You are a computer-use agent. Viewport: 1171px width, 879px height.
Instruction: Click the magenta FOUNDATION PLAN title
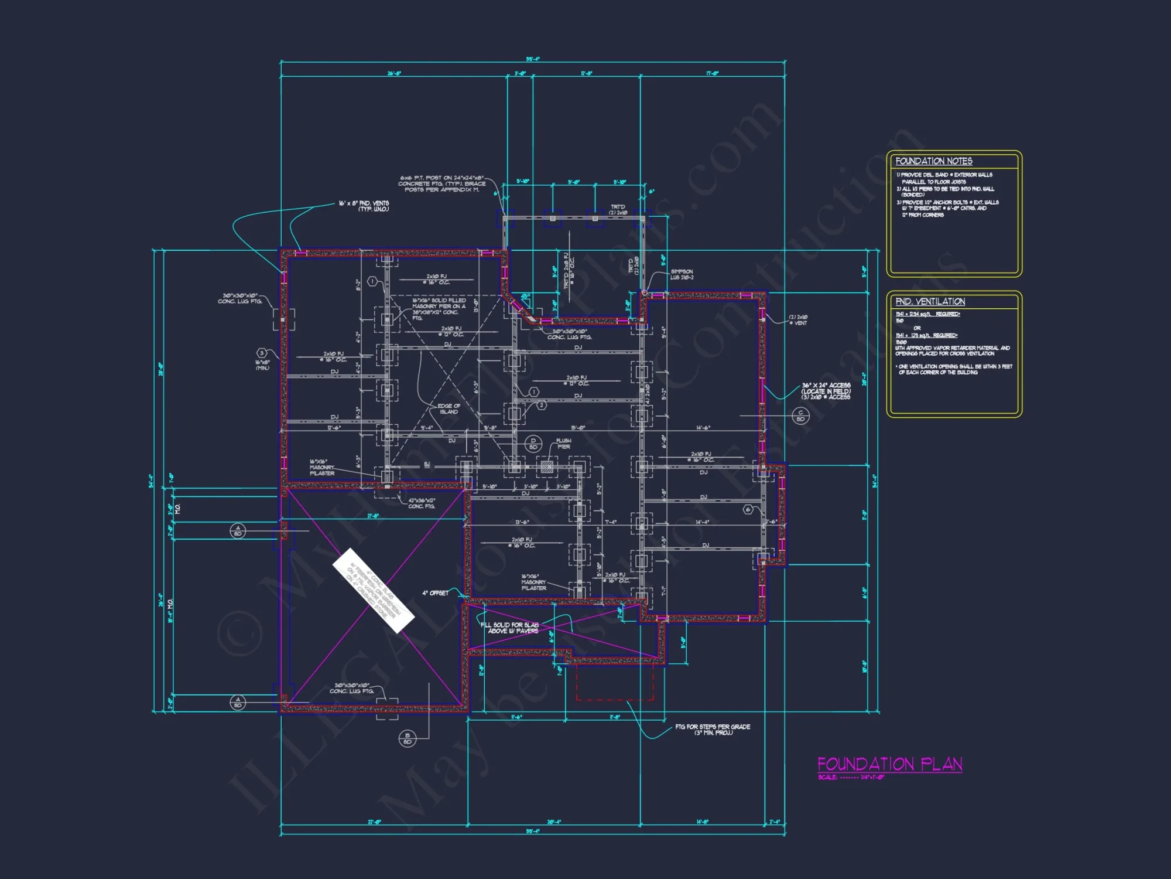889,764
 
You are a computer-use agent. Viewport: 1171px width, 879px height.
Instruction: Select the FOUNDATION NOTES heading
933,161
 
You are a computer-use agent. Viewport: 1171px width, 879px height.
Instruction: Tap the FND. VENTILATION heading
930,301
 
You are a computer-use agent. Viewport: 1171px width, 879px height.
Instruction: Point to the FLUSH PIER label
563,444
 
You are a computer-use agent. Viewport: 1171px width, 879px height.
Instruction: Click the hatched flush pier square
547,466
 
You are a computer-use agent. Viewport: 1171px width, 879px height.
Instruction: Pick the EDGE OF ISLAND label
449,408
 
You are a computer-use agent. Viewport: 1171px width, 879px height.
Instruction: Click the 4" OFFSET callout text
436,593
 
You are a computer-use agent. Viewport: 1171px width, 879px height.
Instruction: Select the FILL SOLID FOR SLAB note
509,628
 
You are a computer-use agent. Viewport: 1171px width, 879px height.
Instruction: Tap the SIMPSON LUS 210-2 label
682,274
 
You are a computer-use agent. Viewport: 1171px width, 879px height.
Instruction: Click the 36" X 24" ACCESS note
826,391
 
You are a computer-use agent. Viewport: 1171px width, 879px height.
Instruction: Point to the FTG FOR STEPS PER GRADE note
713,730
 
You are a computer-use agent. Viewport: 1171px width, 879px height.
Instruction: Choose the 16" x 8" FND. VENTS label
364,206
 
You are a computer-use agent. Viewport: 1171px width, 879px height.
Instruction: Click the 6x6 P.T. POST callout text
443,183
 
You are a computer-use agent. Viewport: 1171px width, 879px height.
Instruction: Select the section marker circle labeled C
800,415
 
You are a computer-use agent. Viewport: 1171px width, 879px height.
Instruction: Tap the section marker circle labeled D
533,443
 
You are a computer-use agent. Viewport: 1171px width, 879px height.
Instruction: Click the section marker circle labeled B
408,738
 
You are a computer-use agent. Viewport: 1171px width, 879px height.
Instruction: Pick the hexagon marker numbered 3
262,353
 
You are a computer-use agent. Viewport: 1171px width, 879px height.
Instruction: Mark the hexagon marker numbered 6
748,509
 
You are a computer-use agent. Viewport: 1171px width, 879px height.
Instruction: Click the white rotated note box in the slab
373,590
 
